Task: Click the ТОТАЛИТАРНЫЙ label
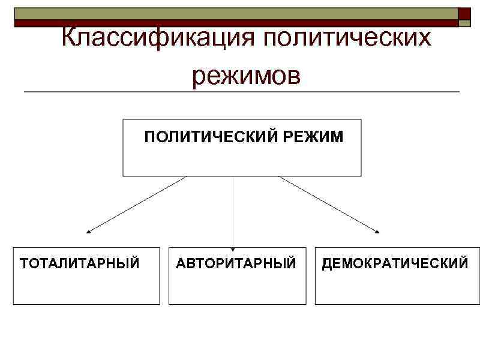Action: click(80, 263)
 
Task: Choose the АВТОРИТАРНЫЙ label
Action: click(236, 263)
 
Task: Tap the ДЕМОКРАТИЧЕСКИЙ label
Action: click(395, 263)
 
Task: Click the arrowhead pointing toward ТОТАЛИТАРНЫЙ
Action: click(89, 231)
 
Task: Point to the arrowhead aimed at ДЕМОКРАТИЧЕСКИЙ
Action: click(378, 231)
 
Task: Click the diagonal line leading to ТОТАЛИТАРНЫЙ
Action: click(138, 204)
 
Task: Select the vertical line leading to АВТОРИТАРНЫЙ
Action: click(233, 210)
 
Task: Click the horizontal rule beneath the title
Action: click(240, 92)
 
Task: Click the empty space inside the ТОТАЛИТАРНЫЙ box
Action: click(86, 288)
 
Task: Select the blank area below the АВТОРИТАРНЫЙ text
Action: click(237, 288)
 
